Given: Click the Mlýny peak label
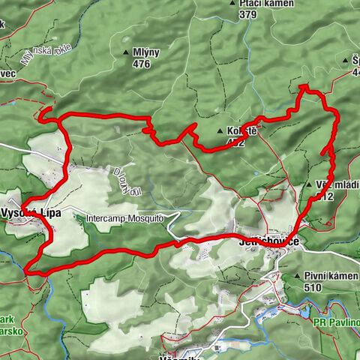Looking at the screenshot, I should click(147, 52).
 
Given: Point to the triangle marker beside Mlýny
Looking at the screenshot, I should click(125, 52).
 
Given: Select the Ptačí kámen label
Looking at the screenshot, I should click(258, 3).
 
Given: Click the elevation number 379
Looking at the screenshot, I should click(248, 13).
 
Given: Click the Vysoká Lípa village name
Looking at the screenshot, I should click(29, 213).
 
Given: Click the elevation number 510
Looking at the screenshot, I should click(313, 287).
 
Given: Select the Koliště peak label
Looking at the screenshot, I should click(241, 130).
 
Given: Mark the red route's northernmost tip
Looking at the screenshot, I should click(304, 87).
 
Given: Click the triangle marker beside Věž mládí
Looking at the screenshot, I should click(308, 184).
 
